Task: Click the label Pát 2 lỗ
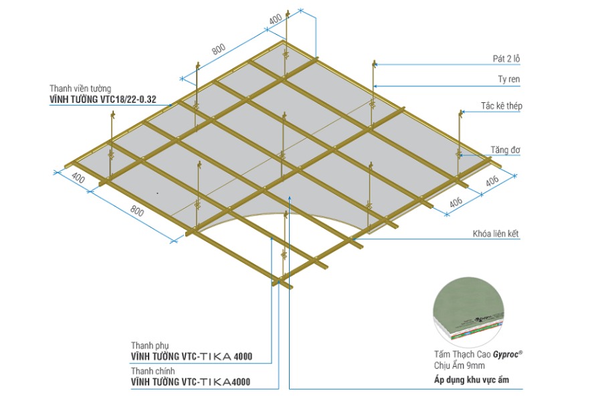506,59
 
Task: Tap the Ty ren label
509,80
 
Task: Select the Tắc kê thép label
502,106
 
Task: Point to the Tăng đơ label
505,150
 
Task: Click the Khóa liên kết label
496,233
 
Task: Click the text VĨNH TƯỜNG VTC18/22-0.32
103,100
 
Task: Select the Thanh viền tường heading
80,89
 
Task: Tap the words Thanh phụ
150,346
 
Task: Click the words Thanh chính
153,371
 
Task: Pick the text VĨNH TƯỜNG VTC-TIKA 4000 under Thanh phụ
191,356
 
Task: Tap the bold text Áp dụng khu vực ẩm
472,380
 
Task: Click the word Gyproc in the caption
506,355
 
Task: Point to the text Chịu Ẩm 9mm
460,366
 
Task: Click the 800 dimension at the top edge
219,49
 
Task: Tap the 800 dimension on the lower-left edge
137,211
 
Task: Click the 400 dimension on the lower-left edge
78,178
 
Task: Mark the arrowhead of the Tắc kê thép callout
463,112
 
